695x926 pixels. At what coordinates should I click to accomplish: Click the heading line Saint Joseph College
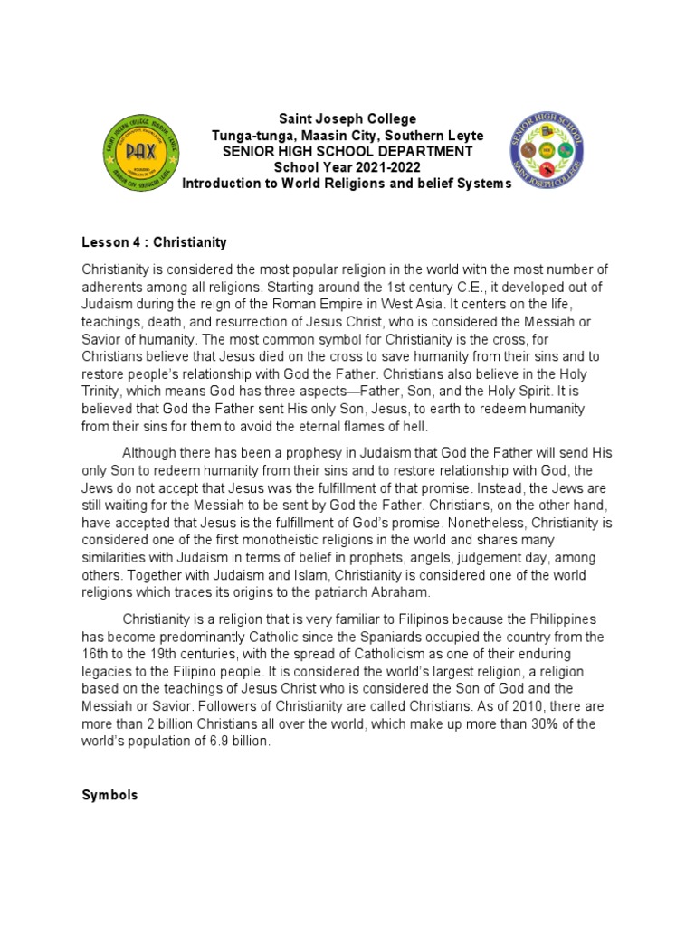(347, 118)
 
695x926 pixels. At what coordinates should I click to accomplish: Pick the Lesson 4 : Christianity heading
(155, 242)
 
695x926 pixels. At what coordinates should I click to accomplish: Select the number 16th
(96, 653)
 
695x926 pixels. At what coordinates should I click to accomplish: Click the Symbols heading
(109, 795)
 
